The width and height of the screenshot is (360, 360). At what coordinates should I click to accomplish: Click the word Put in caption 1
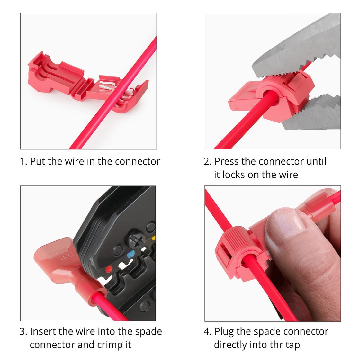click(x=38, y=161)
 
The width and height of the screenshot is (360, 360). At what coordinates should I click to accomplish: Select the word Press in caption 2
click(x=227, y=161)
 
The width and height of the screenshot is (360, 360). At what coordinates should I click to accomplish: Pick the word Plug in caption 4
click(x=224, y=332)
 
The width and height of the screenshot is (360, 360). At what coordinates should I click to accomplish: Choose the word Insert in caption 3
click(x=43, y=332)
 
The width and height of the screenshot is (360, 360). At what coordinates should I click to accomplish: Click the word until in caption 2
click(x=316, y=161)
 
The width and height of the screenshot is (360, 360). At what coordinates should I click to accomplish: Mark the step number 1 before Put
click(x=23, y=161)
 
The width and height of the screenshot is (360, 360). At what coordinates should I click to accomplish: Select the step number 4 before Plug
click(x=207, y=332)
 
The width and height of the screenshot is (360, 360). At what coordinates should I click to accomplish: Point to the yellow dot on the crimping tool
click(x=153, y=238)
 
